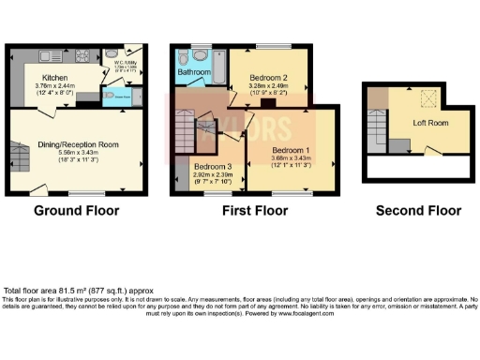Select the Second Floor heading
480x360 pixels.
pyautogui.click(x=418, y=211)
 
